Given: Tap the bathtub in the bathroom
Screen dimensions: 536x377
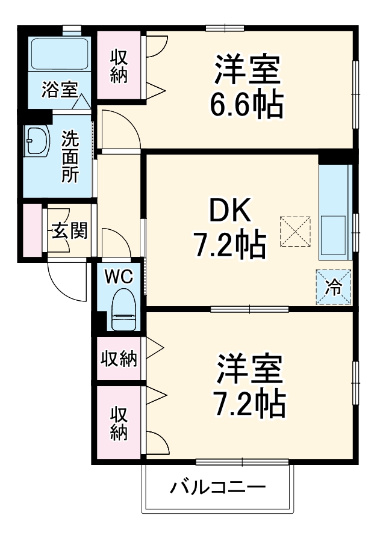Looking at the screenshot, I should [x=59, y=54].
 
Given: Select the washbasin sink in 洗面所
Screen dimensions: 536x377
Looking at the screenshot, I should [x=37, y=142].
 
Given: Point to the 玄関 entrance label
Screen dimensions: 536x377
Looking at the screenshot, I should [x=69, y=230].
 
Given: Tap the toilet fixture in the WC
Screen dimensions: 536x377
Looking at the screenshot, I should [x=123, y=309].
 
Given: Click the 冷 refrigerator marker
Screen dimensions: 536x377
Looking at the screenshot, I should [x=333, y=287].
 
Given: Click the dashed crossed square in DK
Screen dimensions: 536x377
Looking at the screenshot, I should [x=296, y=230].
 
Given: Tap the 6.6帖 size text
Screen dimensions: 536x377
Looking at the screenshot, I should [x=246, y=106].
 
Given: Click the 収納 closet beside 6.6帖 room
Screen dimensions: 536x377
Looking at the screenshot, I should [x=119, y=66].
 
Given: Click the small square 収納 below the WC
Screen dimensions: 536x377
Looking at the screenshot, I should [x=119, y=359].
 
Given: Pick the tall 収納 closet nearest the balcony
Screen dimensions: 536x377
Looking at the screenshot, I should [x=119, y=424].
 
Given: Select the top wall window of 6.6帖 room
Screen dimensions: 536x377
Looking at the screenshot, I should [x=225, y=28].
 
